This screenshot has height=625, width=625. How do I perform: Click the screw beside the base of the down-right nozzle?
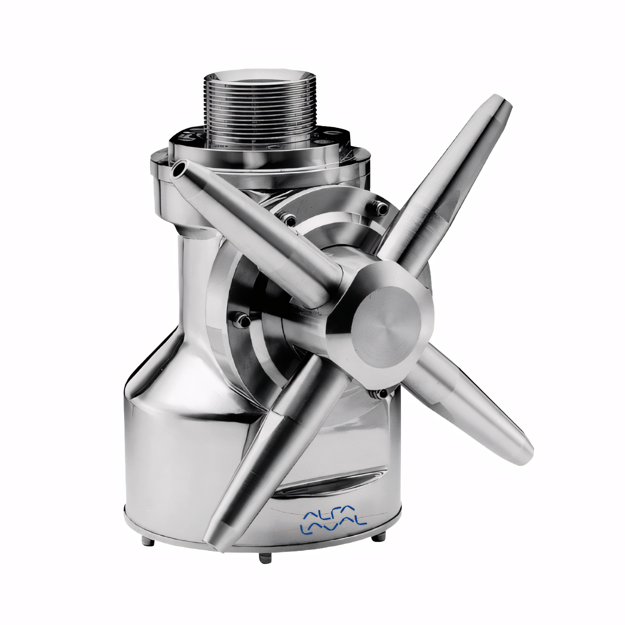click(x=383, y=393)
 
